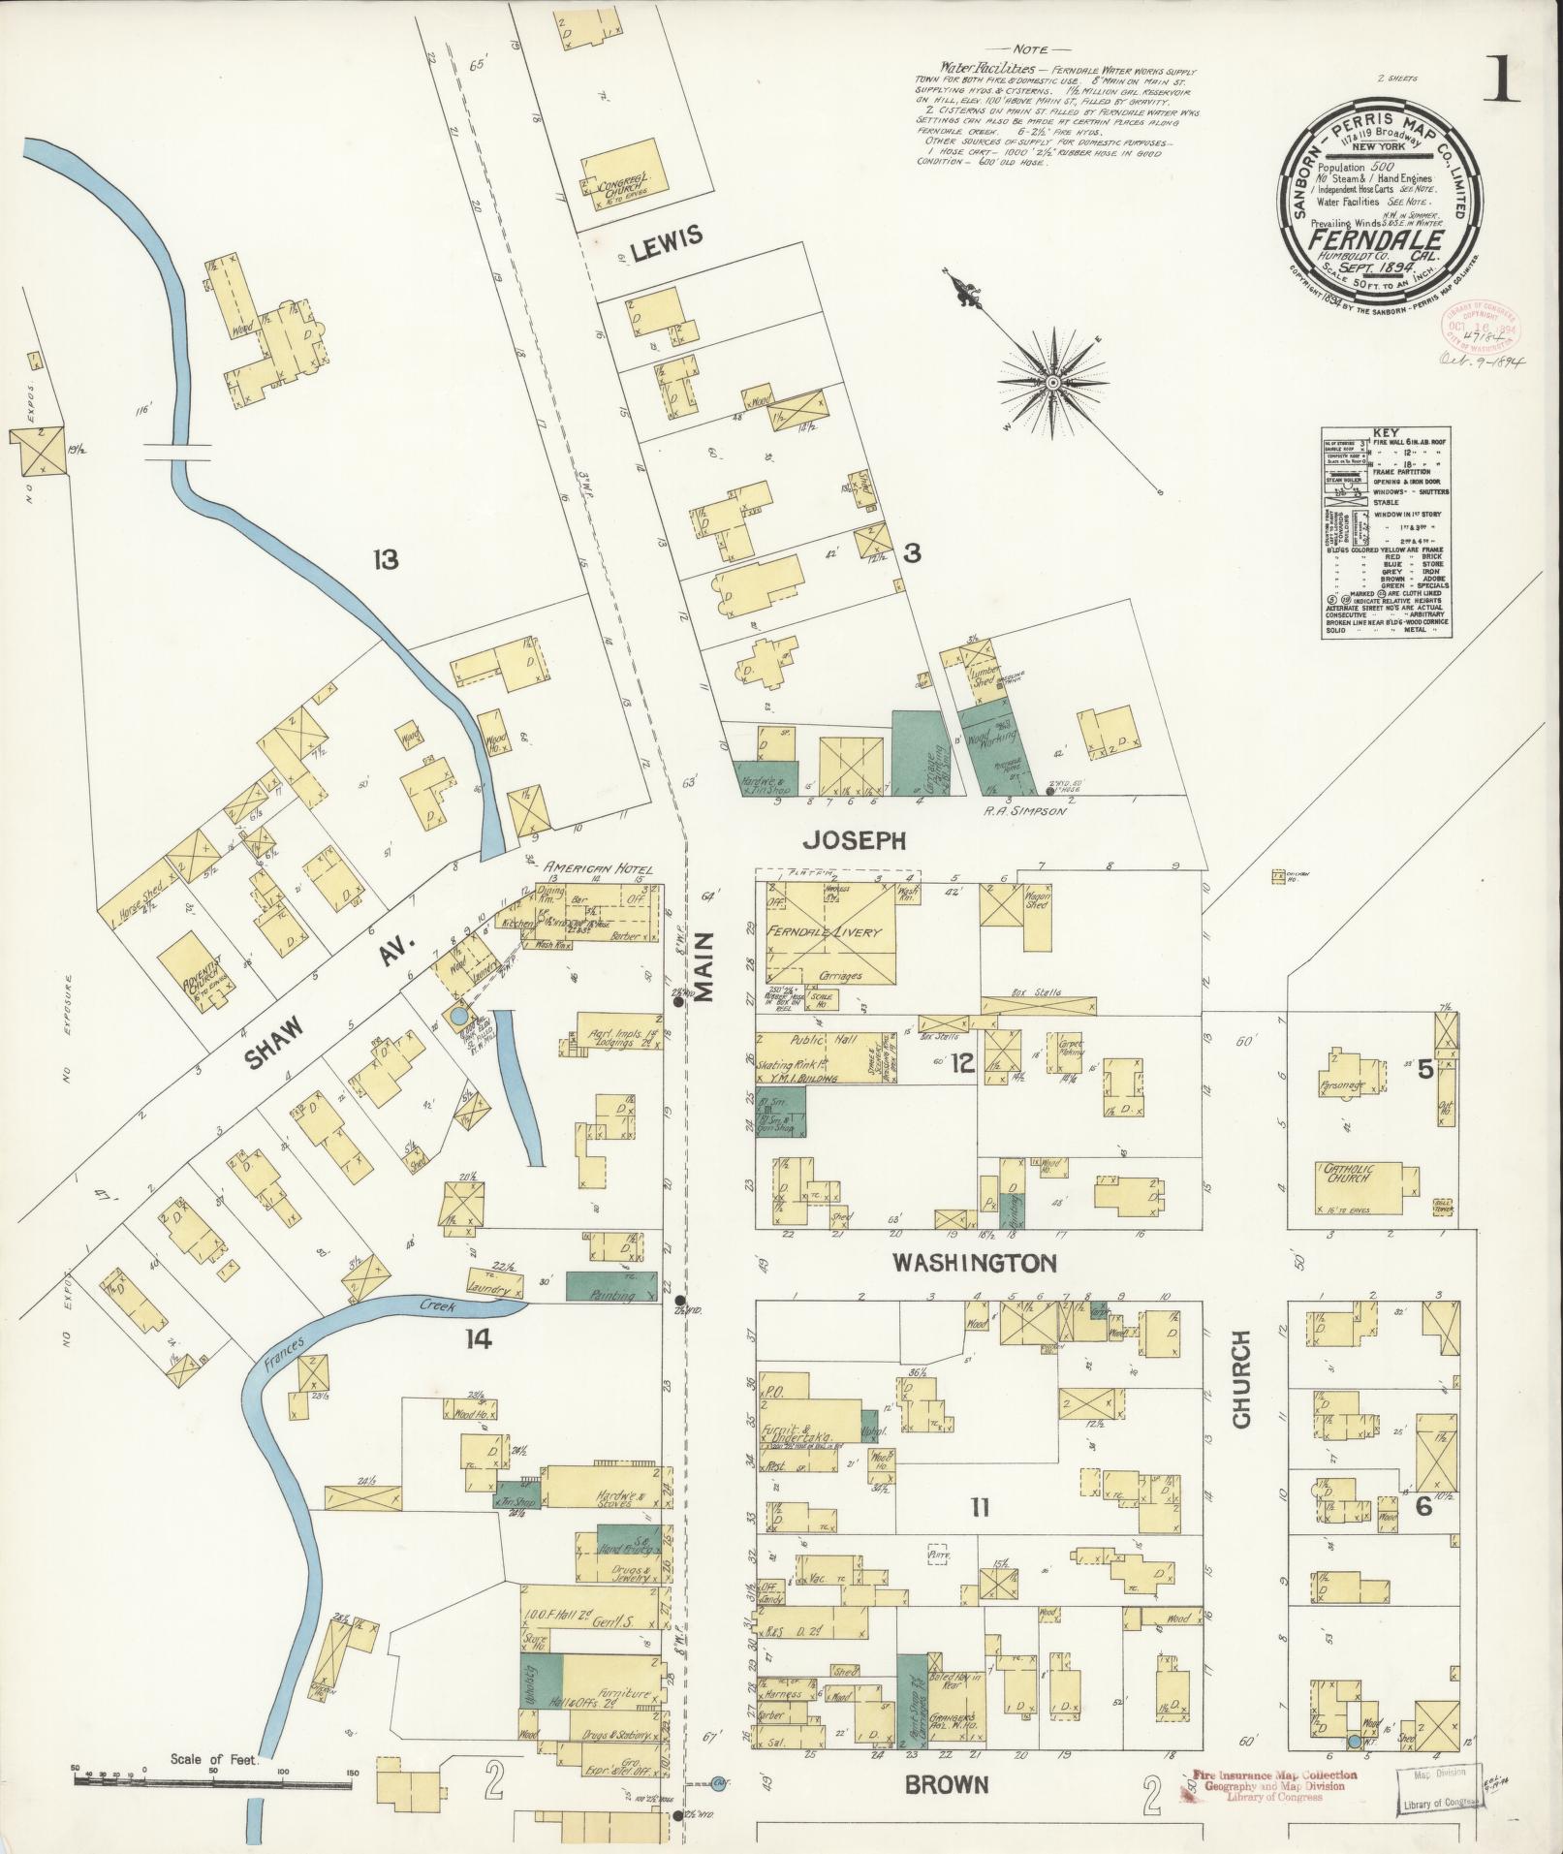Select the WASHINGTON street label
(x=974, y=1264)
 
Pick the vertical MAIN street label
(x=704, y=979)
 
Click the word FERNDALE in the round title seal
(x=1378, y=240)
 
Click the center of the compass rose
(x=1052, y=385)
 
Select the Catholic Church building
(x=1361, y=1187)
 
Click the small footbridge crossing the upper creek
(x=176, y=452)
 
